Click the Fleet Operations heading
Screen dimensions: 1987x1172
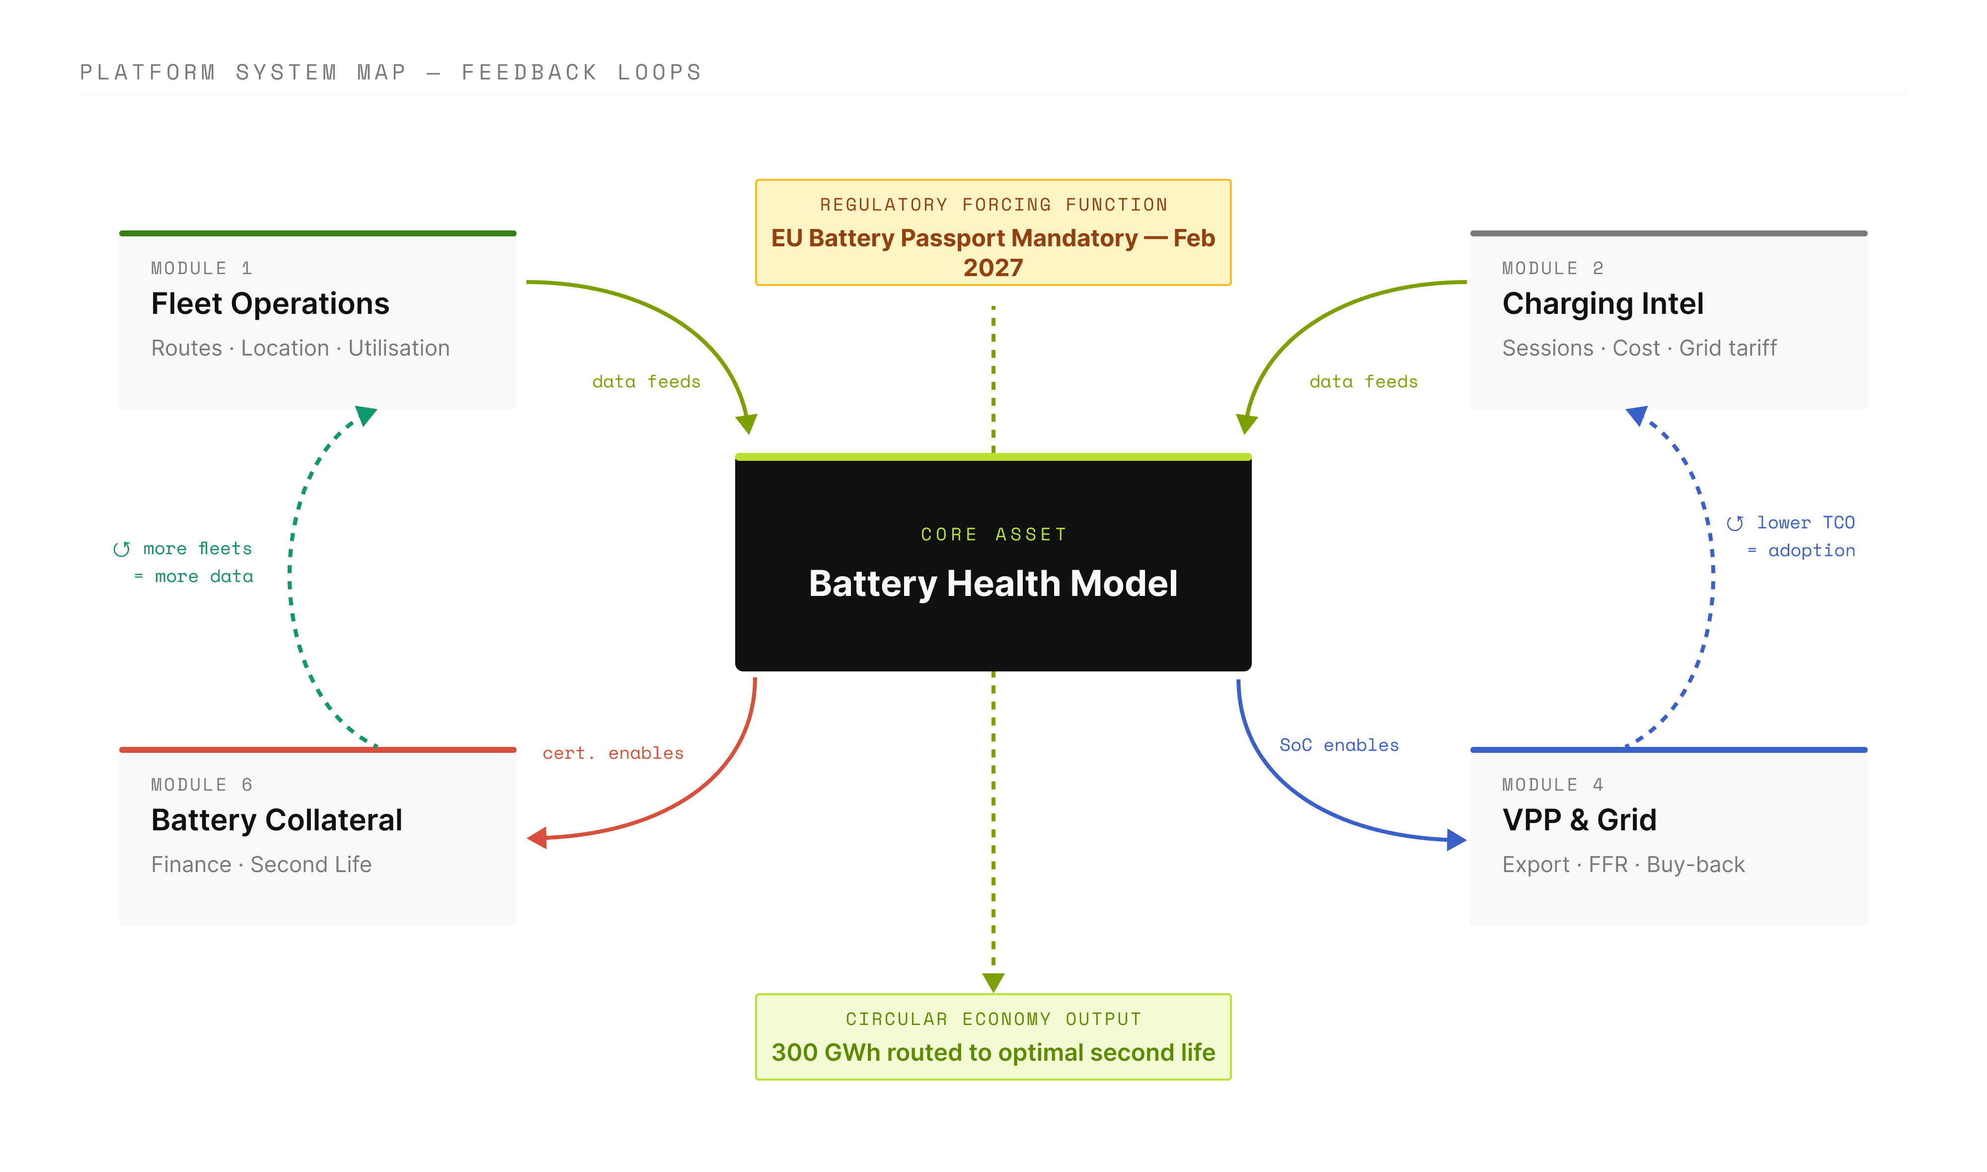[x=270, y=304]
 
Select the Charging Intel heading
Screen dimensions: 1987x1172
[x=1603, y=304]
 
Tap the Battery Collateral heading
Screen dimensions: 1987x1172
[x=276, y=820]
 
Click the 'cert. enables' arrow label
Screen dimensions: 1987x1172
[x=613, y=753]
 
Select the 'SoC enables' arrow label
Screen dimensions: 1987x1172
[x=1339, y=745]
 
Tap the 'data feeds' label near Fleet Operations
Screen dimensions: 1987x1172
[x=646, y=382]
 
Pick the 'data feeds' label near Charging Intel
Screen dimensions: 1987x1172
[x=1363, y=382]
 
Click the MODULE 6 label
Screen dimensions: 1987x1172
[x=201, y=785]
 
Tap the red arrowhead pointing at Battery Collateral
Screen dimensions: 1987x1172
[x=537, y=838]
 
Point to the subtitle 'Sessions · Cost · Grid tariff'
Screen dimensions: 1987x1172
[x=1639, y=348]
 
